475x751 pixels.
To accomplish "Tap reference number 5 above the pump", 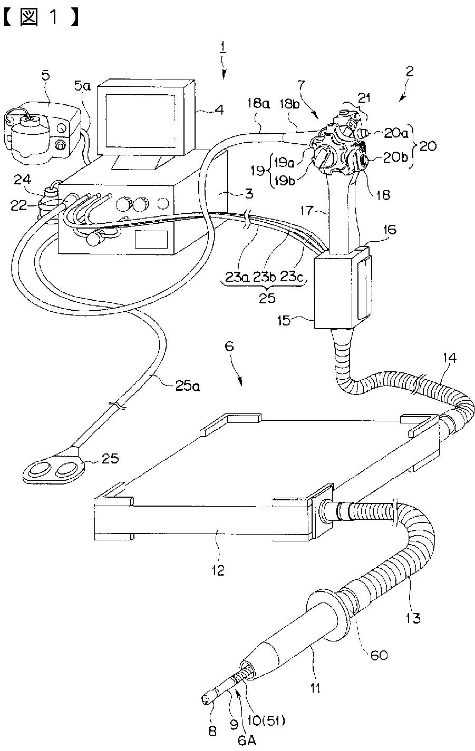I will pos(46,75).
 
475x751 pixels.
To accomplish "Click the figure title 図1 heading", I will pos(42,18).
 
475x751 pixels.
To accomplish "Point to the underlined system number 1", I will pos(223,49).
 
